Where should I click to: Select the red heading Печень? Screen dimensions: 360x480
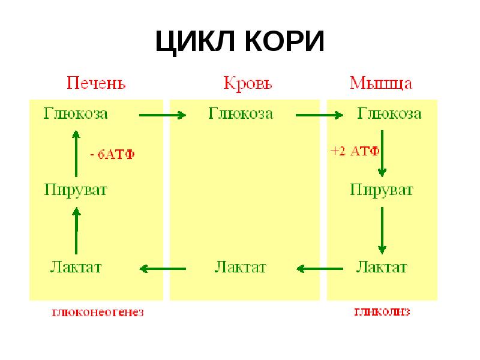(x=96, y=82)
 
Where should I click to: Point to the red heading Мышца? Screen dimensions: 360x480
(x=381, y=83)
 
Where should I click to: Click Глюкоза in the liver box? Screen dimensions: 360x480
(x=76, y=113)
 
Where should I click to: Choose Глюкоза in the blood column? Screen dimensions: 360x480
(x=241, y=113)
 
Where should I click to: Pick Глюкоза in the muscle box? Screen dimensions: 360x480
(x=389, y=113)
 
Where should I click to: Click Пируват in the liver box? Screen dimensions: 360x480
(x=76, y=190)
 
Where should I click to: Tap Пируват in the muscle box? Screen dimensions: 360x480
(x=382, y=190)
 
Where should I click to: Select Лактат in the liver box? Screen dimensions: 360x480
(x=76, y=266)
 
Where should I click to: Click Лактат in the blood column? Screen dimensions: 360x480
(x=240, y=266)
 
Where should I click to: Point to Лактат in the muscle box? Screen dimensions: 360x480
(x=382, y=266)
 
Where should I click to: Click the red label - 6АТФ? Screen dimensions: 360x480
(x=112, y=154)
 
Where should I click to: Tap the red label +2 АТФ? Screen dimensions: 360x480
(x=354, y=151)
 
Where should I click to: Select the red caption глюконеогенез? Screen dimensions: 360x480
(x=98, y=313)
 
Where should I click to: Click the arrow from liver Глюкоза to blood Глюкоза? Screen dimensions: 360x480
(x=163, y=114)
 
